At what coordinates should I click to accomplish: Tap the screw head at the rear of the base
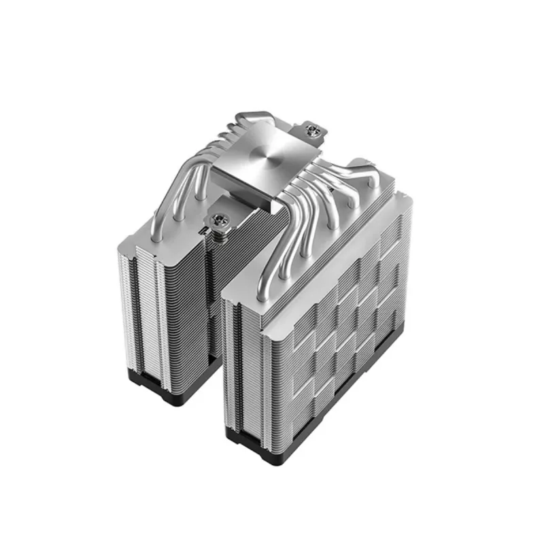tap(314, 129)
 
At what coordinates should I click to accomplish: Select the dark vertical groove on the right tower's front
tap(235, 367)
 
